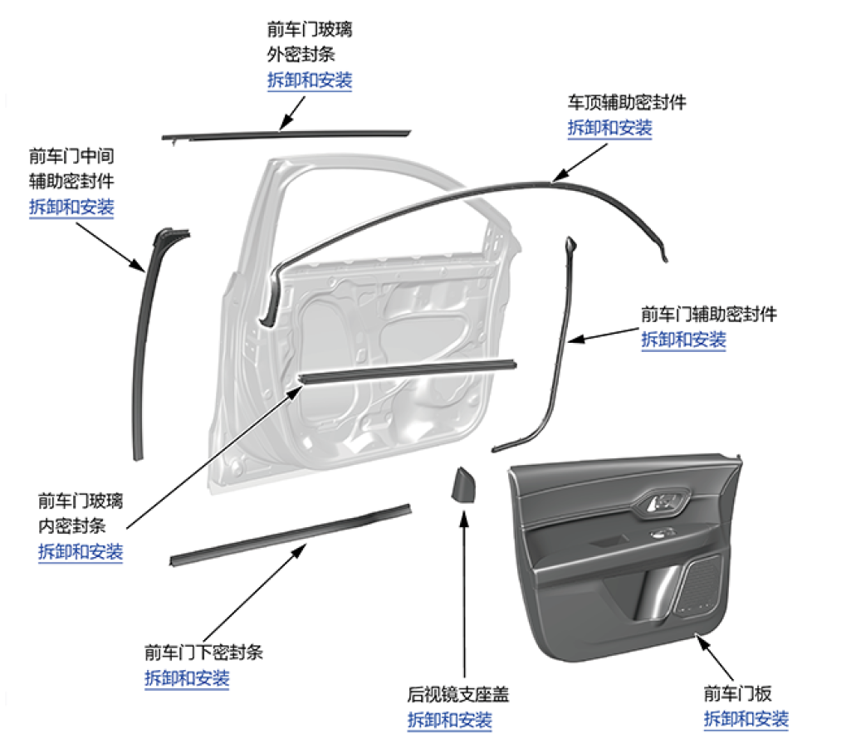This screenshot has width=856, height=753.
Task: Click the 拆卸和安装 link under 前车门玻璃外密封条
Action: tap(310, 81)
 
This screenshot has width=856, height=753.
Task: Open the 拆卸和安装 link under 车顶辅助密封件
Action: tap(609, 129)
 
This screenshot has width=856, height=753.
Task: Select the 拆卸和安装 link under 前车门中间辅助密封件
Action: tap(71, 208)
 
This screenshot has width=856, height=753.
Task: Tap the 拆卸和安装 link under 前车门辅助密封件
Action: tap(683, 340)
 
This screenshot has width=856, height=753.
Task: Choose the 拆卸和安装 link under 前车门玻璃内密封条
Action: tap(81, 552)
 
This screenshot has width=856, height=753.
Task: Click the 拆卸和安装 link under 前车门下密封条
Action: tap(187, 678)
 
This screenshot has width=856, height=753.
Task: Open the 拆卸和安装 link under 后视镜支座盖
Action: tap(449, 721)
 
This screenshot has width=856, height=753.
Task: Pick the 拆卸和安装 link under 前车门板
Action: tap(746, 720)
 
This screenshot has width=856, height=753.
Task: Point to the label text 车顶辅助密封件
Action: tap(627, 103)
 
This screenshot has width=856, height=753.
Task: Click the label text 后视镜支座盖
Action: tap(457, 695)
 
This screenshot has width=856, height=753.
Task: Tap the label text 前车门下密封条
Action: tap(203, 653)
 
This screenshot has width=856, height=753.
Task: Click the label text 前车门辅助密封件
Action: tap(709, 315)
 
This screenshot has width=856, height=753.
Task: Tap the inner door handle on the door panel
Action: tap(663, 502)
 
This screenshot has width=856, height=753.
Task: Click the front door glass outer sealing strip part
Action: tap(286, 134)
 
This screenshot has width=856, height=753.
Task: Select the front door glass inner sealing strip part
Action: tap(407, 370)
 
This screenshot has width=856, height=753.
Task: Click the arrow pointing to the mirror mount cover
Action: tap(462, 598)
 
